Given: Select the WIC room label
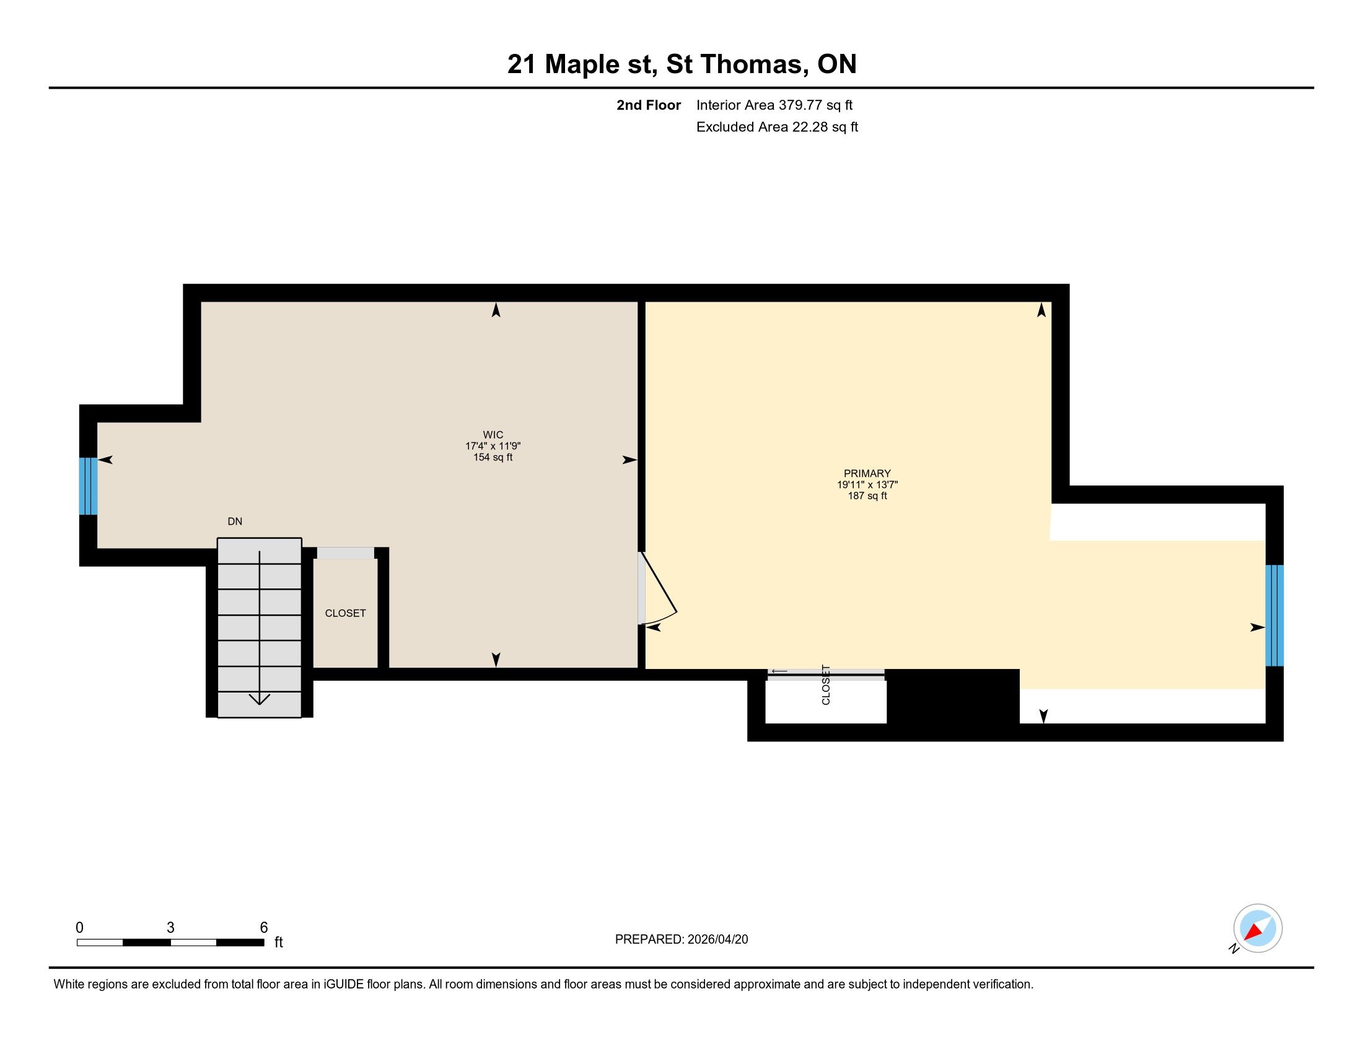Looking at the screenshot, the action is [x=493, y=435].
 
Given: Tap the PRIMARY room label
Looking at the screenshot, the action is [x=867, y=473].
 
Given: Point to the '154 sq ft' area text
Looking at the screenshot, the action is [x=493, y=457].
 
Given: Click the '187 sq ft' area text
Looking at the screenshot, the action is [x=867, y=496].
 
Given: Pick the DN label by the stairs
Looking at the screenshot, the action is [x=235, y=522].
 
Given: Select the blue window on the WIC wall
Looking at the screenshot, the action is [x=88, y=486].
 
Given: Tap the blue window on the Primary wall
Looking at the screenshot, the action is [x=1274, y=616].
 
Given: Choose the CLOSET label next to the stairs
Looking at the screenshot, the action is [x=345, y=613].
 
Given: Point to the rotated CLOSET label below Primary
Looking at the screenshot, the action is [x=826, y=684].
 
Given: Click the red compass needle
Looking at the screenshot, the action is [x=1253, y=932].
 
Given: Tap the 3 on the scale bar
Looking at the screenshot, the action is [x=170, y=928].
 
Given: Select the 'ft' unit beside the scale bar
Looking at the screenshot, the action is [x=279, y=942].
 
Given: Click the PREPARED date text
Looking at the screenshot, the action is [x=681, y=940].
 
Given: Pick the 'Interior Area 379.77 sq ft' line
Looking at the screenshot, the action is [x=774, y=105].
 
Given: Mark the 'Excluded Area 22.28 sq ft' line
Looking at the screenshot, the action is [x=778, y=126].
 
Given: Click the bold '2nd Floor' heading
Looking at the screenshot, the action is [x=649, y=105].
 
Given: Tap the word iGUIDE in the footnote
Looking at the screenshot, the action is [x=344, y=984].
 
